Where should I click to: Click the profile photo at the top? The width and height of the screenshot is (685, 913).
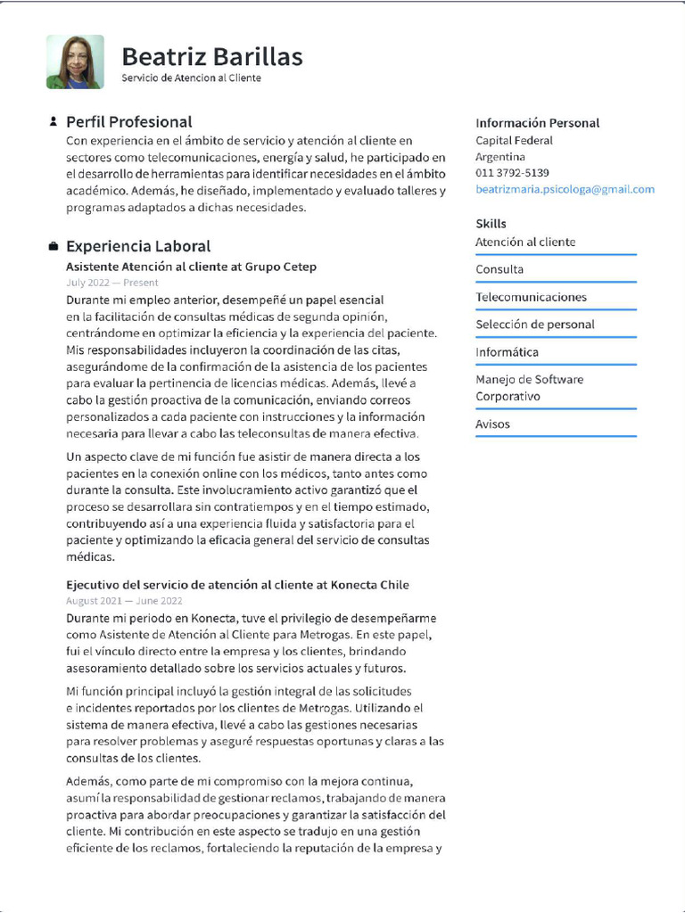point(75,62)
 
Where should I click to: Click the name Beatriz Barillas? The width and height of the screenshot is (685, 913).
point(211,57)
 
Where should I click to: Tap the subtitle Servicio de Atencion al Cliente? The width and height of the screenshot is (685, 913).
point(191,78)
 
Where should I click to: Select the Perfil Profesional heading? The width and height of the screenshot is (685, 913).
point(128,121)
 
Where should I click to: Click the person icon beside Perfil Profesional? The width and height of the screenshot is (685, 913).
point(54,121)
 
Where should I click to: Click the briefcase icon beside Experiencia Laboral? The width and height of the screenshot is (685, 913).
point(54,246)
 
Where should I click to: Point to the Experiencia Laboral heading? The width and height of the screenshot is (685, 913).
point(138,246)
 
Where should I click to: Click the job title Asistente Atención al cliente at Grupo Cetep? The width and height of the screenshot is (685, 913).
point(191,267)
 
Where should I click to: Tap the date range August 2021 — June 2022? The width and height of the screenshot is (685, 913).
point(124,601)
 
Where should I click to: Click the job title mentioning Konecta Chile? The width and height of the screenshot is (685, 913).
point(237,585)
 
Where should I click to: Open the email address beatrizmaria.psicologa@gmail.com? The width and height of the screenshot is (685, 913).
point(565,189)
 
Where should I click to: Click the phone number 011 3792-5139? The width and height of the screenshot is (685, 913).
point(512,173)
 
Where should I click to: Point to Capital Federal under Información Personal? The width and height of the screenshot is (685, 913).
point(514,141)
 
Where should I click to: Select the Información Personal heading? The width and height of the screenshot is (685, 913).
point(537,123)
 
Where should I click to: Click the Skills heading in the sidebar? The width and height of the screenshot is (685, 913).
point(491,224)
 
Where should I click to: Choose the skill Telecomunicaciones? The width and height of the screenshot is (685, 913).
point(531,297)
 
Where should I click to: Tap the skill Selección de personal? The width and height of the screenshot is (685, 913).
point(534,325)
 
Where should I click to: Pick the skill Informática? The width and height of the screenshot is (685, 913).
point(507,352)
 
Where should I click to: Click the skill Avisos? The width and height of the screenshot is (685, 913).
point(492,424)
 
